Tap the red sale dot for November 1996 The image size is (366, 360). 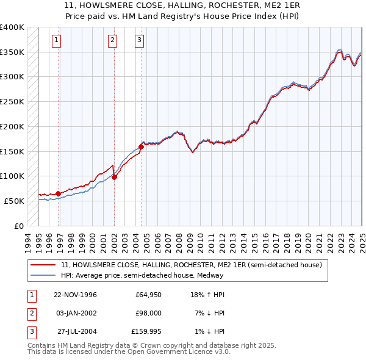click(59, 193)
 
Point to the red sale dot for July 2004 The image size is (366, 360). click(141, 146)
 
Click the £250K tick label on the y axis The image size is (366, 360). click(12, 101)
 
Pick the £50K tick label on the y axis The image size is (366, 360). click(14, 201)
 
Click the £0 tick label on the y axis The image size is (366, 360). click(18, 226)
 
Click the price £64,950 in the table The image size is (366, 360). click(148, 295)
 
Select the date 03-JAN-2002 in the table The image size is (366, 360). click(76, 313)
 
